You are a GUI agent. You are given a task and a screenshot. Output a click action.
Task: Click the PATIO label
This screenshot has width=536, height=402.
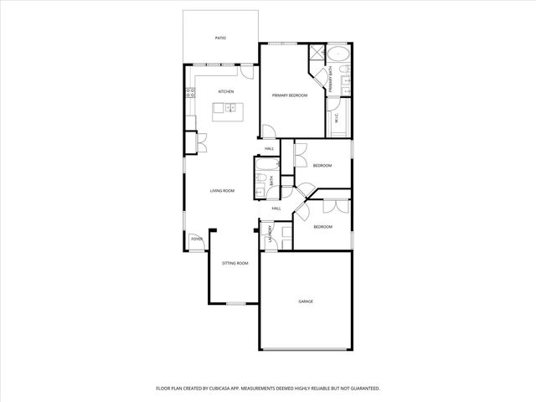point(221,39)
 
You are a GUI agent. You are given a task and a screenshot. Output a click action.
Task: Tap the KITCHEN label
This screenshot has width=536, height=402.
point(225,91)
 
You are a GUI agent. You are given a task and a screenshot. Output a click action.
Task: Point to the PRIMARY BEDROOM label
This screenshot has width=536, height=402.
point(290,96)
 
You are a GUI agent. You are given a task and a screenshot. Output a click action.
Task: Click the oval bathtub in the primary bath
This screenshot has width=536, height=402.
point(339,55)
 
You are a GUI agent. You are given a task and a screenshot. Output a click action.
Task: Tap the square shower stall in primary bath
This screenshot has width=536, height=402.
point(317,55)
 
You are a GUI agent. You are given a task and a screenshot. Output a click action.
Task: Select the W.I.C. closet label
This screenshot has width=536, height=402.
point(337,118)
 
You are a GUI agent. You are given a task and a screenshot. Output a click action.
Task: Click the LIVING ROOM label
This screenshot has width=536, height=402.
point(222,191)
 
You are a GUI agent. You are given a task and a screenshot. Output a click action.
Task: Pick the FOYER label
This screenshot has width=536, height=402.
point(197,240)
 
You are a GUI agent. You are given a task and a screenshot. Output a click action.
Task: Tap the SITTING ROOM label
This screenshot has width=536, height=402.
point(234,264)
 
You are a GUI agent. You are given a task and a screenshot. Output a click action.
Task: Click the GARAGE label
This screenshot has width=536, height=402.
point(306,301)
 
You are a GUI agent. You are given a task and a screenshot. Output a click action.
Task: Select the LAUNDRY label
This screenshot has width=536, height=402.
point(270,237)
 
